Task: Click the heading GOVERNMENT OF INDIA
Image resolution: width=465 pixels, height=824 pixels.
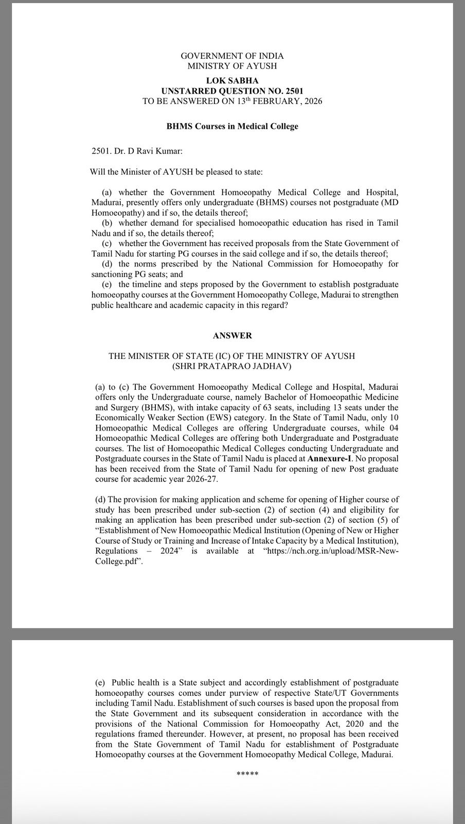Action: (x=232, y=56)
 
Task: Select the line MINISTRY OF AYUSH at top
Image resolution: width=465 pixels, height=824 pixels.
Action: (x=232, y=66)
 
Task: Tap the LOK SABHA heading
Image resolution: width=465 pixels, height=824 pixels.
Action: (x=232, y=80)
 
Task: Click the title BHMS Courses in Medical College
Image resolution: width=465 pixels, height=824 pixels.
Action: (x=232, y=126)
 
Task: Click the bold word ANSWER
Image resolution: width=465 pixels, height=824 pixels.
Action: (x=232, y=335)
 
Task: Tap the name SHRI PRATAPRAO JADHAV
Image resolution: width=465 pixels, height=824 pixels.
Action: (x=232, y=366)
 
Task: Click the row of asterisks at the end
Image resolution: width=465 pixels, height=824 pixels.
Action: (x=247, y=774)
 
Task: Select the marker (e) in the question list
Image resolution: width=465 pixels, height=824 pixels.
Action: (x=107, y=284)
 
